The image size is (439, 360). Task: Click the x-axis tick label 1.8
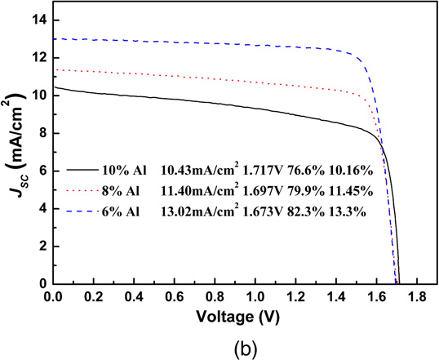(418, 296)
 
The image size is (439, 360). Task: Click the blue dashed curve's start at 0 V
(54, 38)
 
